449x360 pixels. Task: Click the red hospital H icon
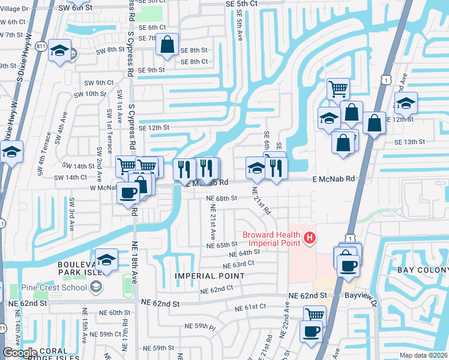[x=310, y=239]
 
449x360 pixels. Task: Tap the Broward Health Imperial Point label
[x=271, y=239]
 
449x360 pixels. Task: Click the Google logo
[x=20, y=352]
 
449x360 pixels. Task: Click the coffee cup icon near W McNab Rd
[x=128, y=193]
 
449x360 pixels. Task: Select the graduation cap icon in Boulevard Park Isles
[x=106, y=260]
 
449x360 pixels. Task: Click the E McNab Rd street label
[x=333, y=179]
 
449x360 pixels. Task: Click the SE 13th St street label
[x=409, y=142]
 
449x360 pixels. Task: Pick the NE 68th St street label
[x=222, y=198]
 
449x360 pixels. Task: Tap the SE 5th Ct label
[x=241, y=4]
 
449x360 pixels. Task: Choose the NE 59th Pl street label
[x=200, y=327]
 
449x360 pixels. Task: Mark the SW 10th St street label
[x=87, y=94]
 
